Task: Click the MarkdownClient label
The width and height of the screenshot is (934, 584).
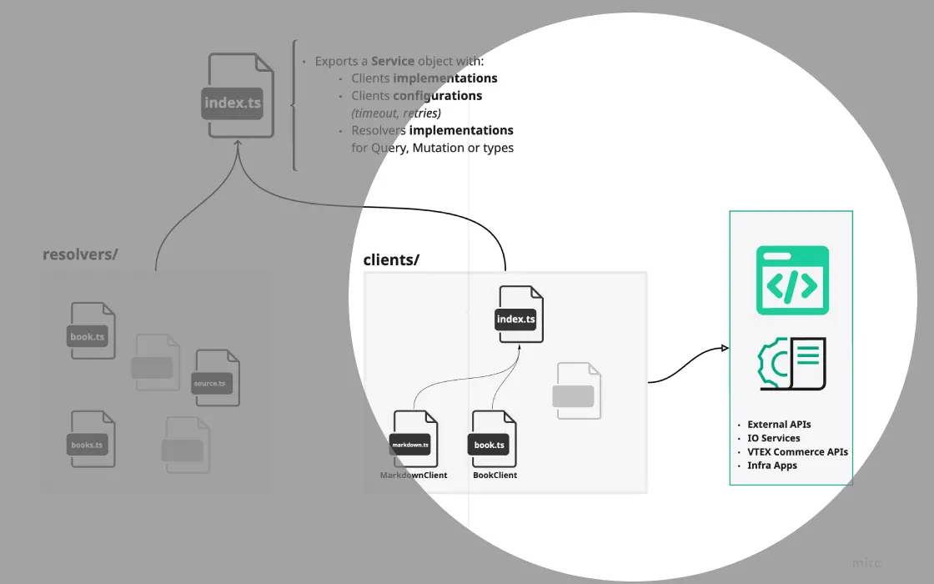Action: (x=414, y=476)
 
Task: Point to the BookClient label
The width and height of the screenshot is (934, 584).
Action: (x=495, y=476)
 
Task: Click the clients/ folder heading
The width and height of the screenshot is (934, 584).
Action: (x=391, y=259)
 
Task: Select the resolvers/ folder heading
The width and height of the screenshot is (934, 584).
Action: (x=80, y=254)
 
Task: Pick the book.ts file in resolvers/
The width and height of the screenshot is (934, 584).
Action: (x=92, y=331)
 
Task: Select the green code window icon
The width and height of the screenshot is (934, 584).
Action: (x=792, y=280)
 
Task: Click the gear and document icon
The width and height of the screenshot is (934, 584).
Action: (x=792, y=364)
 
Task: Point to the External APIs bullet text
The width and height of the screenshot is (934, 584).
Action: (x=779, y=425)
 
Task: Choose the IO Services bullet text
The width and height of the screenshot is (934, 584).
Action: (x=773, y=438)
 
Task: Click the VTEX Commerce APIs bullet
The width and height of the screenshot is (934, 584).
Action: (x=797, y=452)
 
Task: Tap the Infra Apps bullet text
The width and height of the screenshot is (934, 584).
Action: (x=772, y=466)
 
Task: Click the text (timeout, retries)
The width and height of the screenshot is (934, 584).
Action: (x=396, y=113)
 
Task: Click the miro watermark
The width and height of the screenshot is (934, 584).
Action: (x=866, y=563)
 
